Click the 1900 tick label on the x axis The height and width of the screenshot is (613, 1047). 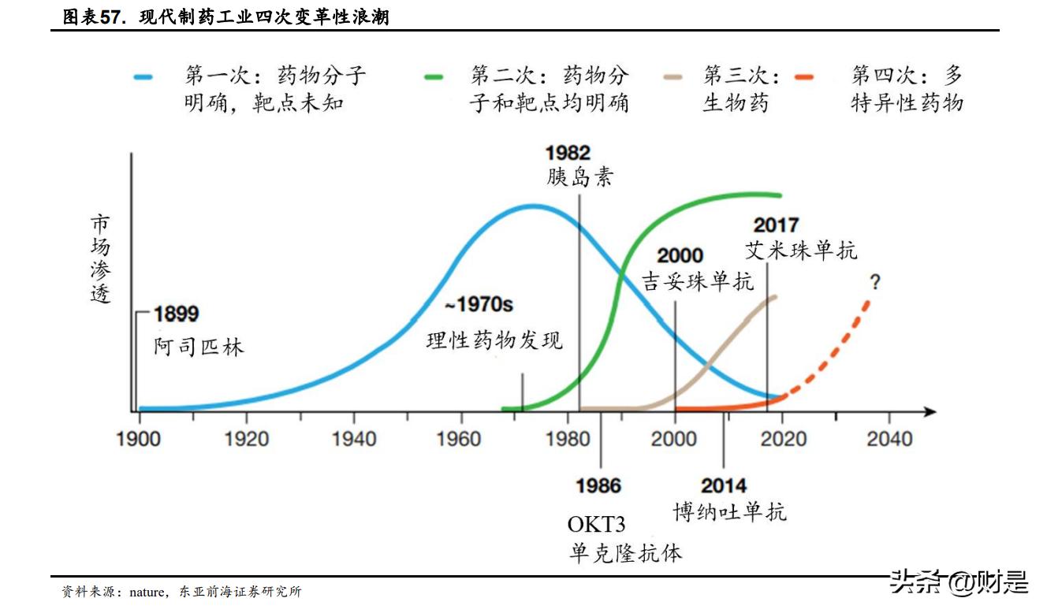139,438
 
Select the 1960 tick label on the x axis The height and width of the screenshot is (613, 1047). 459,438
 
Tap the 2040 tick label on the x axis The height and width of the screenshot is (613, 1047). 889,438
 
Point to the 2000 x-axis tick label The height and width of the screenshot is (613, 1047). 674,438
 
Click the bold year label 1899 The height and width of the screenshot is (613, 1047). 176,314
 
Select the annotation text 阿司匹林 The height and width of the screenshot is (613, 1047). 199,346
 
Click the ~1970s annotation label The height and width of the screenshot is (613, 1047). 479,305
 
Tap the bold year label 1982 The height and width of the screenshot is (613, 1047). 568,153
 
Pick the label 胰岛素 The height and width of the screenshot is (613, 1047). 579,177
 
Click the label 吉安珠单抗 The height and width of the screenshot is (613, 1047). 698,281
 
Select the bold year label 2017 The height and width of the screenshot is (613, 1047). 776,225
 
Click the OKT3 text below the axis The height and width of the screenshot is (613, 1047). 596,524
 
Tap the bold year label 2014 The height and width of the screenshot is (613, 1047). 724,486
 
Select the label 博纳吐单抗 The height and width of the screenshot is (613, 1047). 729,512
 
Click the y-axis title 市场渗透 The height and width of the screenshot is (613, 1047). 100,258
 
